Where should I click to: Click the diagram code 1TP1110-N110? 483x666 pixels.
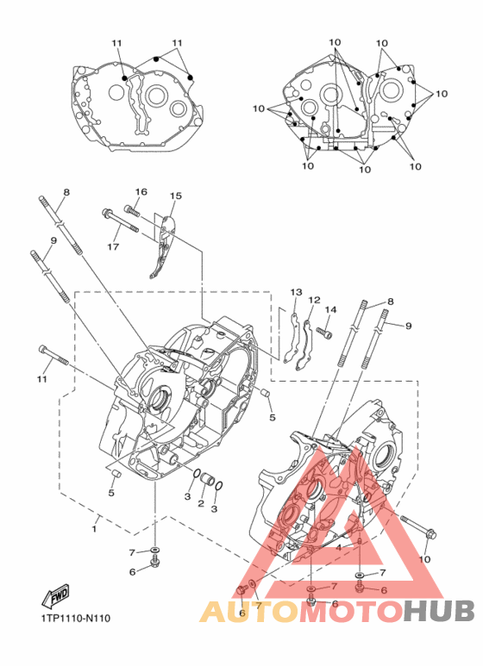coord(76,618)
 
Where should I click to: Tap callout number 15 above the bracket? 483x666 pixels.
coord(176,196)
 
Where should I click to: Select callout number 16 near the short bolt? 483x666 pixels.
coord(141,191)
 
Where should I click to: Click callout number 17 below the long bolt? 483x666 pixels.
coord(113,246)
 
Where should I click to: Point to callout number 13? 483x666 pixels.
coord(297,292)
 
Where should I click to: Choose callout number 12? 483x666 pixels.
coord(314,300)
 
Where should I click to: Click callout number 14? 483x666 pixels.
coord(331,309)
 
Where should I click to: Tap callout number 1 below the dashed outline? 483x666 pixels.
coord(94,529)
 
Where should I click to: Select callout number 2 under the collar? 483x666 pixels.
coord(201,504)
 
